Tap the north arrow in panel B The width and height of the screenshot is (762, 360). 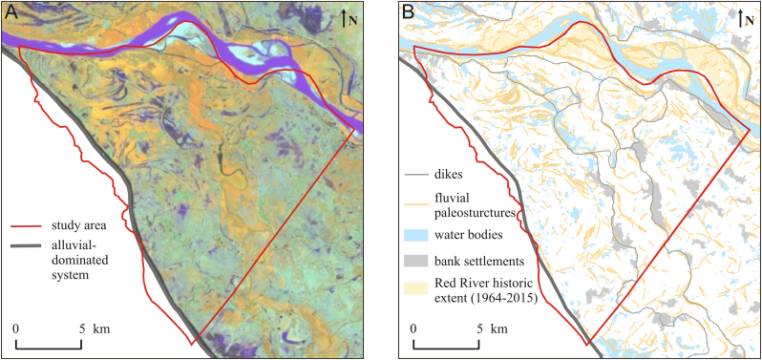(742, 16)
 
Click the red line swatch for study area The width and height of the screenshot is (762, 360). (27, 226)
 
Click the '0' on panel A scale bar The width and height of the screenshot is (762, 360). (17, 329)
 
